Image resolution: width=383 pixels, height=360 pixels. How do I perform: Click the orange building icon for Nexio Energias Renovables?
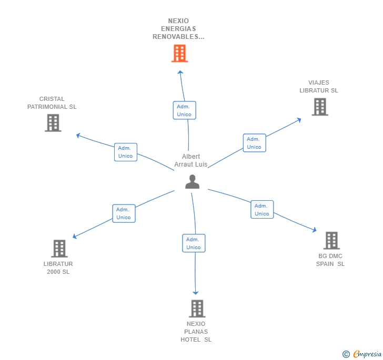(179, 53)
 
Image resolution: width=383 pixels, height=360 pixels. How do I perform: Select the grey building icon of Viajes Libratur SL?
(320, 107)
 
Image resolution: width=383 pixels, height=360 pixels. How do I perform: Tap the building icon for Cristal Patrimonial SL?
(53, 123)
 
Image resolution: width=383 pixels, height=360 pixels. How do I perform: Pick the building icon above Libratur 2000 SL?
(59, 249)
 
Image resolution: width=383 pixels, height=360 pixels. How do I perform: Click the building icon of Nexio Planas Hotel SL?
(197, 308)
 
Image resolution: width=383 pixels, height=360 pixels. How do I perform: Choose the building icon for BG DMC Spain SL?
(331, 240)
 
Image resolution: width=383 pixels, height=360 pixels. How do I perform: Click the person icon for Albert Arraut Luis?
(192, 182)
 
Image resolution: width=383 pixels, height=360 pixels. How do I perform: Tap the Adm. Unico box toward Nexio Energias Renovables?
(185, 110)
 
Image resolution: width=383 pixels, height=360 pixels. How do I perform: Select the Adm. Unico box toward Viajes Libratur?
(254, 143)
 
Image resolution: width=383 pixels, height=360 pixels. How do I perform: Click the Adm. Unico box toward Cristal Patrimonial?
(126, 152)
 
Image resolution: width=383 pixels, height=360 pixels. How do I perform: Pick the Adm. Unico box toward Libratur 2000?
(124, 213)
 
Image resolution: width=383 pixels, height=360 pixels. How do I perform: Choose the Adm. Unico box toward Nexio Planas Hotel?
(194, 243)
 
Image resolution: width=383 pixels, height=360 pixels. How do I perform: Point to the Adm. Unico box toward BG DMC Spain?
(262, 209)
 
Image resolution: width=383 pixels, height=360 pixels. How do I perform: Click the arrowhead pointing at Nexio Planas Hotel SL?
(195, 293)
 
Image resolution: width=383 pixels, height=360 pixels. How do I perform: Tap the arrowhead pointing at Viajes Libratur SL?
(299, 120)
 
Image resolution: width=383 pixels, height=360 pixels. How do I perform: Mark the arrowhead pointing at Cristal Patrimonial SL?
(78, 135)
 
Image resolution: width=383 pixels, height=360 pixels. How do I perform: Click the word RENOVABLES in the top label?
(176, 37)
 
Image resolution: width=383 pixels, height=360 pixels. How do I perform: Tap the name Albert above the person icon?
(191, 156)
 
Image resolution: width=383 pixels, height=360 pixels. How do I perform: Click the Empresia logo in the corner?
(362, 354)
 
